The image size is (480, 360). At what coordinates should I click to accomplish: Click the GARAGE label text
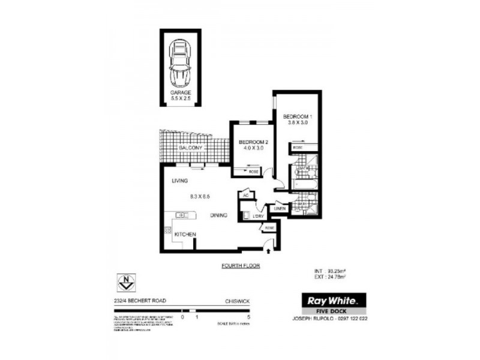pyautogui.click(x=180, y=93)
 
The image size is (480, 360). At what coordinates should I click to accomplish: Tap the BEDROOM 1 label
pyautogui.click(x=298, y=116)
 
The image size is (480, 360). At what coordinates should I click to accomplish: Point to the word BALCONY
pyautogui.click(x=191, y=148)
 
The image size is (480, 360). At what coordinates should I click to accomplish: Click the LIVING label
pyautogui.click(x=179, y=181)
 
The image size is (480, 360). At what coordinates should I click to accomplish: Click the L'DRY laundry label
pyautogui.click(x=259, y=215)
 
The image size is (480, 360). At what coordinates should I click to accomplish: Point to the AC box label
pyautogui.click(x=245, y=195)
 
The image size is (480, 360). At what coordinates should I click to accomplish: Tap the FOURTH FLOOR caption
pyautogui.click(x=241, y=265)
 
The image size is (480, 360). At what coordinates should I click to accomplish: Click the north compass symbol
pyautogui.click(x=126, y=280)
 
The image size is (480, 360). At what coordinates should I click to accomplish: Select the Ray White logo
pyautogui.click(x=333, y=300)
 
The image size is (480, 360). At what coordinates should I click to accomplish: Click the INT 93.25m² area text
pyautogui.click(x=330, y=271)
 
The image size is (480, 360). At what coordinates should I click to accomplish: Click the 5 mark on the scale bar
pyautogui.click(x=248, y=316)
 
